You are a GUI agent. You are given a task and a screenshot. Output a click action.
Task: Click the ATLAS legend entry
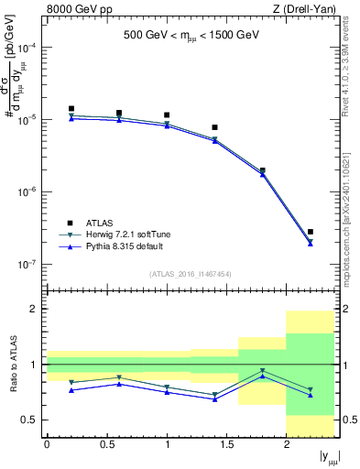point(99,223)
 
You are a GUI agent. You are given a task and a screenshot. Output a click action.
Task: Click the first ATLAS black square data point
point(71,109)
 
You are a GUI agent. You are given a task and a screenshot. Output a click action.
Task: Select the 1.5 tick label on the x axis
point(226,444)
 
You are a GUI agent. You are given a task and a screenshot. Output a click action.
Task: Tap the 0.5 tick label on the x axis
point(106,444)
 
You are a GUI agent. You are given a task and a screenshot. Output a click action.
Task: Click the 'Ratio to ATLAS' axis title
point(11,365)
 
